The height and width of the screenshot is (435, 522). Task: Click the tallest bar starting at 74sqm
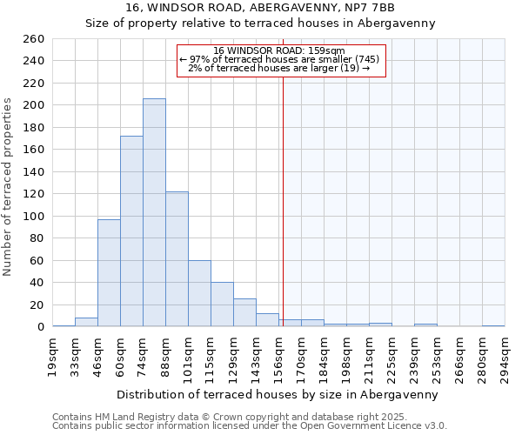pos(154,212)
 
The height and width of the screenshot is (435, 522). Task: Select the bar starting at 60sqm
pos(131,231)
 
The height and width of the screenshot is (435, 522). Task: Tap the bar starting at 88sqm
pos(177,259)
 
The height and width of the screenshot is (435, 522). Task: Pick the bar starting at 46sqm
pos(109,273)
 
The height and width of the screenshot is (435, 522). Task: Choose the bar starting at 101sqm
pos(199,293)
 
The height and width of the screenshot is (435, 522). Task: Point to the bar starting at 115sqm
pos(222,304)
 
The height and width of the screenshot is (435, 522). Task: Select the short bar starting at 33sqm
pos(86,322)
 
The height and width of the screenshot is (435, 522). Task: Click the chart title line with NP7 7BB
pos(260,8)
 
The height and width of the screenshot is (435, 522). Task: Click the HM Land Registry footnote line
pos(235,418)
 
